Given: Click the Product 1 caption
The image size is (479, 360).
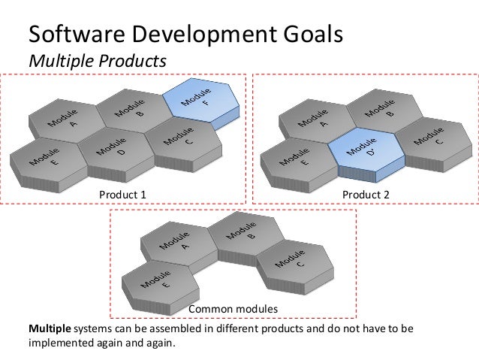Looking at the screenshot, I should point(122,195).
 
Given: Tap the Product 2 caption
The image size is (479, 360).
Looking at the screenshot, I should point(364,195).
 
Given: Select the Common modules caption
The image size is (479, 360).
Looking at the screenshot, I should point(233,310).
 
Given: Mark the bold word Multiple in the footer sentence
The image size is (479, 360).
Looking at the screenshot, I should point(50,329).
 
